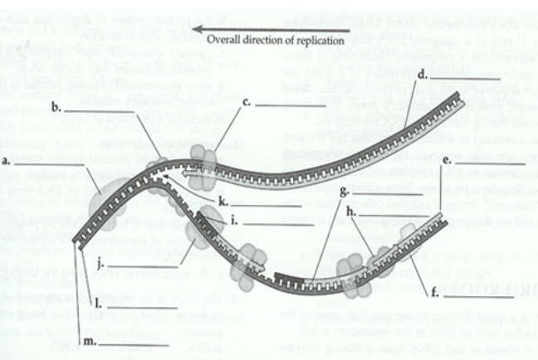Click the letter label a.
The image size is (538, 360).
pyautogui.click(x=7, y=163)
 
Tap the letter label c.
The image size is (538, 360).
pyautogui.click(x=247, y=103)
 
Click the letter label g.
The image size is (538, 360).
pyautogui.click(x=345, y=192)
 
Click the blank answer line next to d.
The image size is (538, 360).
pyautogui.click(x=457, y=76)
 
